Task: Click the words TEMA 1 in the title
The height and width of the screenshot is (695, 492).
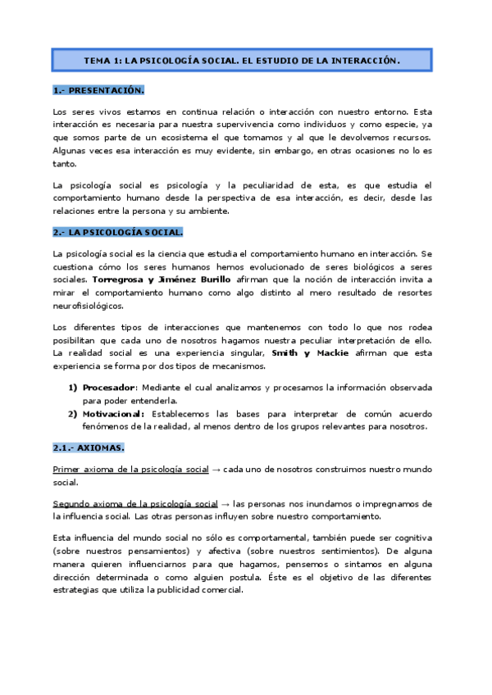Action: (x=104, y=61)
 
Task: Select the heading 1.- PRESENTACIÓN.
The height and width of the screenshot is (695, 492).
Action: (x=98, y=90)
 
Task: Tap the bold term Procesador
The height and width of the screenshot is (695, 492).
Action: (x=107, y=387)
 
